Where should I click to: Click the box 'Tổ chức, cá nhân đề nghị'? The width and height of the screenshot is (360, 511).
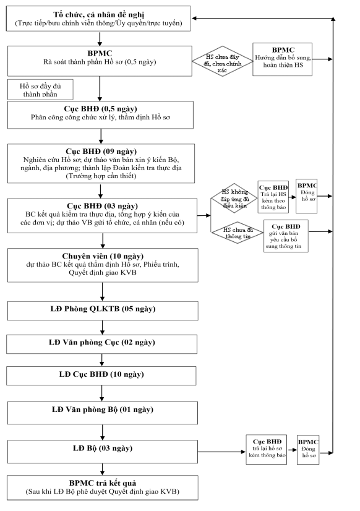tap(98, 19)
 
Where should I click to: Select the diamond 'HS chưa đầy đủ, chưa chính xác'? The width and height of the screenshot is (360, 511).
tap(222, 61)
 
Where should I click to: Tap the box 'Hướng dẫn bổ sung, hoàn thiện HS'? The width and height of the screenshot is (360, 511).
tap(283, 59)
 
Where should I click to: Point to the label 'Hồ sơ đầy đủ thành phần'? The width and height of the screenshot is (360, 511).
tap(40, 90)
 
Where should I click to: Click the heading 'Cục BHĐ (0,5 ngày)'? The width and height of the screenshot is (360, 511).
tap(100, 109)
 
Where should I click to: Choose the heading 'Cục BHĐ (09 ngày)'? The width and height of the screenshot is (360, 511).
tap(101, 151)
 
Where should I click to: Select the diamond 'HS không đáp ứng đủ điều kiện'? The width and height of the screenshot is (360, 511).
tap(234, 198)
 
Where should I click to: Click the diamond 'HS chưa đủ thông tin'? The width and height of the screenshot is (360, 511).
tap(238, 233)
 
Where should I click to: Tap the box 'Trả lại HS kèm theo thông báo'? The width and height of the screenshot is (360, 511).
tap(273, 197)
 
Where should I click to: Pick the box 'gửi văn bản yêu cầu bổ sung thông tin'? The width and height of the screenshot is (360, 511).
tap(286, 236)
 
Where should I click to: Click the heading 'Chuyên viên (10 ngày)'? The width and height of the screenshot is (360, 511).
tap(103, 256)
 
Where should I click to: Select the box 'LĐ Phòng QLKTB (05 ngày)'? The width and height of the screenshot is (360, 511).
tap(103, 311)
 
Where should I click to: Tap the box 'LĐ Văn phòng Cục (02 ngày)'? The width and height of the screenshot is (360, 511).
tap(101, 344)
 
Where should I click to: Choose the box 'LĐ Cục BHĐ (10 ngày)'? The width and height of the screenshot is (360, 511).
tap(101, 376)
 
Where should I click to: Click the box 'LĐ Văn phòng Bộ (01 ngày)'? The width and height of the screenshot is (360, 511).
tap(102, 413)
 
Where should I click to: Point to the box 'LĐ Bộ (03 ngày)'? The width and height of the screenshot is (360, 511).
tap(102, 452)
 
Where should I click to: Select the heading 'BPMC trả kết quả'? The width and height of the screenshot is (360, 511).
tap(103, 483)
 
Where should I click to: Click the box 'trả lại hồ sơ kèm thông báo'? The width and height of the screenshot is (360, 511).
tap(267, 449)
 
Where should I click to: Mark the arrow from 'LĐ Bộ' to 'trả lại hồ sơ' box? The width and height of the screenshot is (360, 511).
tap(221, 452)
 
